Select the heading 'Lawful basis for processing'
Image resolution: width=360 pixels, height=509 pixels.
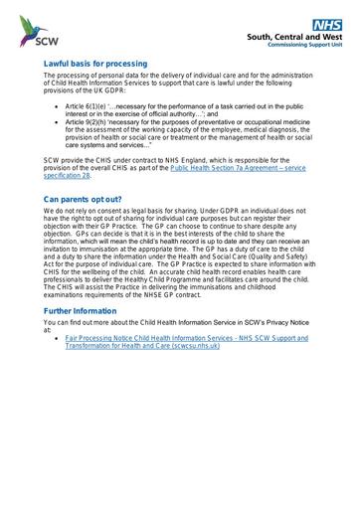point(94,63)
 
